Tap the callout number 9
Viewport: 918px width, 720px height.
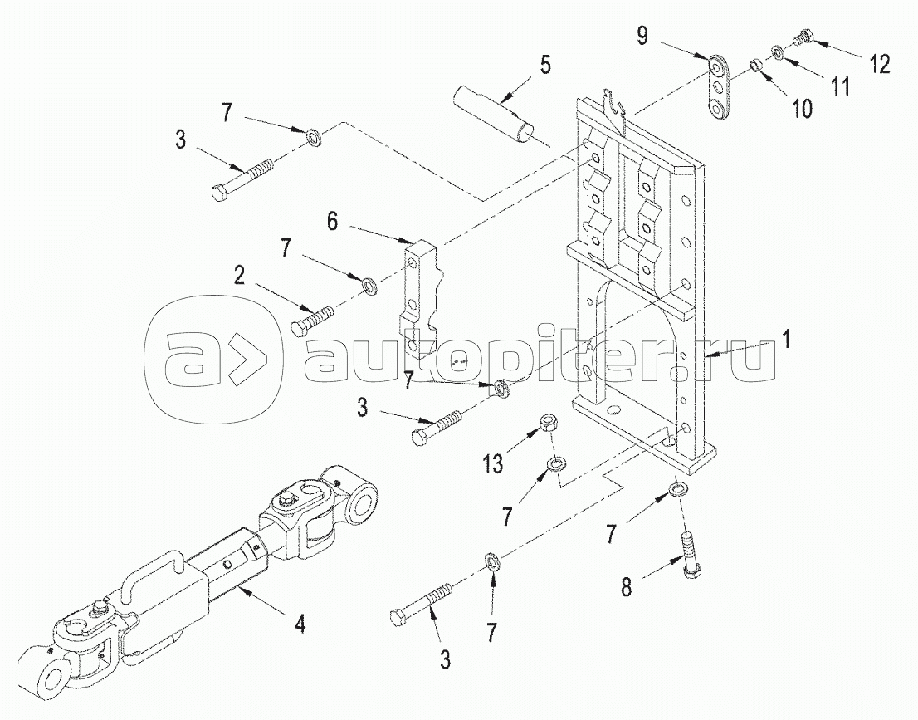click(x=642, y=36)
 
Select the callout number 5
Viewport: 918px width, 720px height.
click(x=545, y=65)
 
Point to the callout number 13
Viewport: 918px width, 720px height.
click(x=493, y=464)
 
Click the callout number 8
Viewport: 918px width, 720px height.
click(x=627, y=586)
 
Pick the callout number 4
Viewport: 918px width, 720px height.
click(x=299, y=625)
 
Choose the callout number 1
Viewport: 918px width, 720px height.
click(x=786, y=339)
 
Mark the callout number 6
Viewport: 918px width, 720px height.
click(x=332, y=222)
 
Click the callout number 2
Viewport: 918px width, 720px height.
click(x=239, y=276)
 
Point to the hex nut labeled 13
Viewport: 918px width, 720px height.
click(x=548, y=423)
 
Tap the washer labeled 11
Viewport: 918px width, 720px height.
click(x=778, y=52)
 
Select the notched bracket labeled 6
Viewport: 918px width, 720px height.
click(x=420, y=299)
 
